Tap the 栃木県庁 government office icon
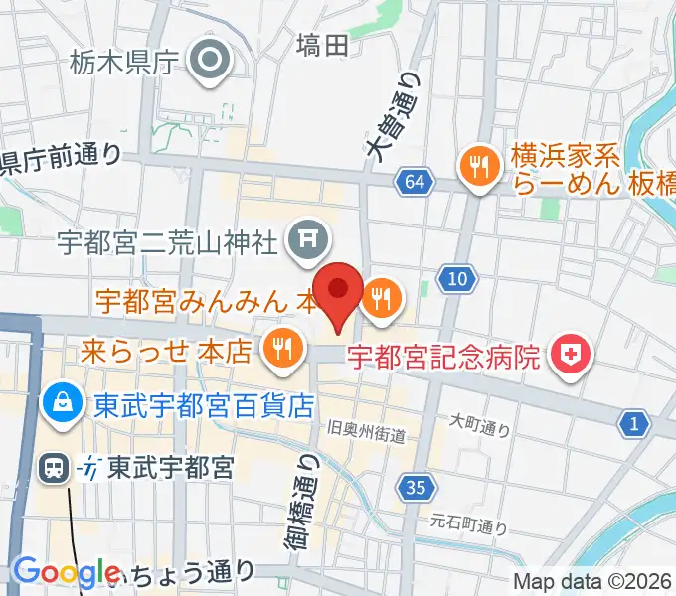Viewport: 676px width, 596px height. click(x=212, y=62)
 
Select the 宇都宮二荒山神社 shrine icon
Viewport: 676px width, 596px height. click(x=303, y=236)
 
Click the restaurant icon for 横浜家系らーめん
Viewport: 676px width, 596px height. click(x=480, y=167)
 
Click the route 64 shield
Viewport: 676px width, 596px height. click(x=415, y=181)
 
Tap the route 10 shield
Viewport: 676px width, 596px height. click(x=456, y=280)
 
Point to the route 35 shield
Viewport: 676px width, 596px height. click(x=417, y=486)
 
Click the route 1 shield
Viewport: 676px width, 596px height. click(x=632, y=425)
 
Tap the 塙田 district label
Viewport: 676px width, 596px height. click(x=323, y=44)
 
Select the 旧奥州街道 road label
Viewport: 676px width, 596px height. click(x=368, y=428)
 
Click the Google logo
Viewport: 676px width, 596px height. click(x=67, y=572)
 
